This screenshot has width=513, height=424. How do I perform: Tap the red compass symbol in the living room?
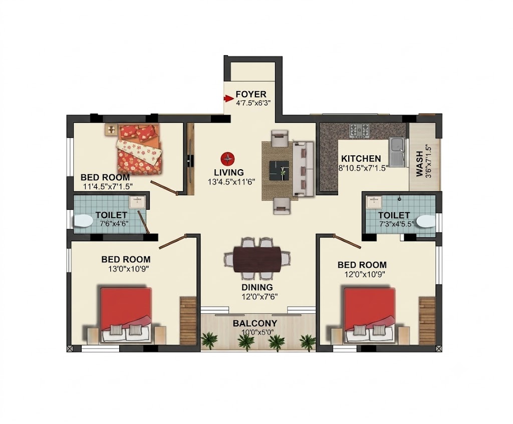pos(227,159)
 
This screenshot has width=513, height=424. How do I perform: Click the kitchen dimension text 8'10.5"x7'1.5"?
pos(363,168)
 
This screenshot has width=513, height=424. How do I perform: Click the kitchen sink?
pos(397,152)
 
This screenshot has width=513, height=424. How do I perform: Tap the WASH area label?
pos(419,164)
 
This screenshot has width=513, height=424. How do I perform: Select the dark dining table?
pos(257,260)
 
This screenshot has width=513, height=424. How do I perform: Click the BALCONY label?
pos(255,323)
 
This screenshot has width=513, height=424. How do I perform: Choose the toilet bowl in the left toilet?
pos(83,221)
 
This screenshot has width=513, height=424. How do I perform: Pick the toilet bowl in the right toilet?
pos(427,222)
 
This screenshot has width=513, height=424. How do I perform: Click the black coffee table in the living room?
pos(279,170)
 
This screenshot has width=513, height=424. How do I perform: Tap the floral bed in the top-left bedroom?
pos(140,149)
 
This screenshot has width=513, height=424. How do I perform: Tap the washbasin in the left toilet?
pos(137,202)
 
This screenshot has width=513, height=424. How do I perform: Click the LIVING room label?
pos(229,172)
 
